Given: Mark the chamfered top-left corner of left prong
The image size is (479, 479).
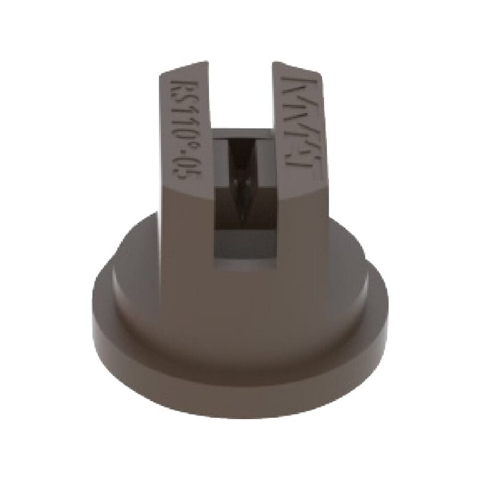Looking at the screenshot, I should coord(163,73).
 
